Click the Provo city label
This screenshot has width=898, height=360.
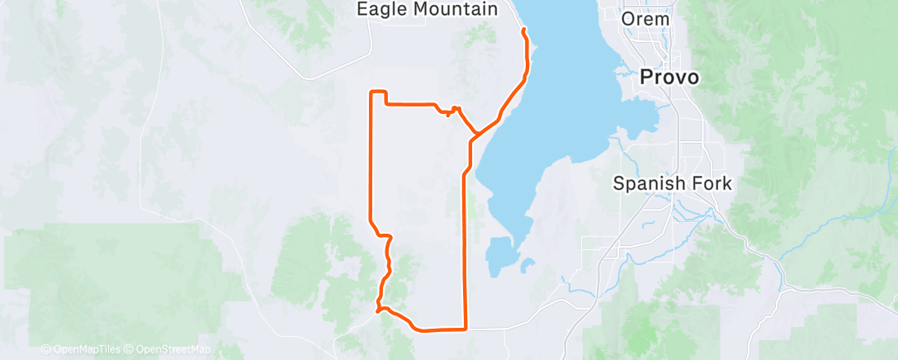[670, 77]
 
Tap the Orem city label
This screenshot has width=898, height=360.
[646, 18]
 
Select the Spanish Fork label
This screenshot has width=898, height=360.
[672, 183]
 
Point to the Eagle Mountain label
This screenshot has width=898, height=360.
[427, 10]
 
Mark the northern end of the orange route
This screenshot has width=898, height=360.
[523, 30]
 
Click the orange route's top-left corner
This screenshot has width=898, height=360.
[370, 92]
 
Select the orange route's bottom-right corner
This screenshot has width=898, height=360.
[466, 329]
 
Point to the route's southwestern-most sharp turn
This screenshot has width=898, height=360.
[377, 310]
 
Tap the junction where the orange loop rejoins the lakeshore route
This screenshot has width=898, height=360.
[475, 134]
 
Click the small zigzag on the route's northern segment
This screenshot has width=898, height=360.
[452, 110]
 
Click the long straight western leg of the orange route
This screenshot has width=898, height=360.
[369, 157]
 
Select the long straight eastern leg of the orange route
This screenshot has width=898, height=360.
[466, 248]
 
